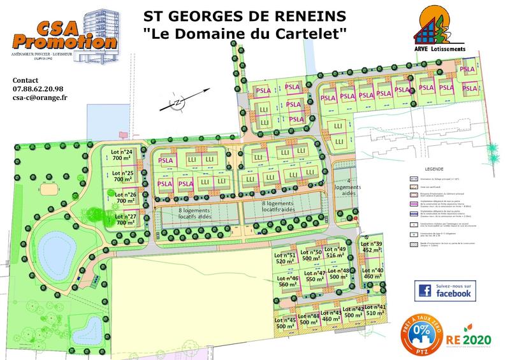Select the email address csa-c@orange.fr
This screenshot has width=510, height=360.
[x=40, y=98]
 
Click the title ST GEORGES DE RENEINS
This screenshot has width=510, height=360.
[x=245, y=14]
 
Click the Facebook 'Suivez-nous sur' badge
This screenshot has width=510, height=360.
[x=444, y=291]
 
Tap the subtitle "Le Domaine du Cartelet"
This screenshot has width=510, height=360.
[x=245, y=31]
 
